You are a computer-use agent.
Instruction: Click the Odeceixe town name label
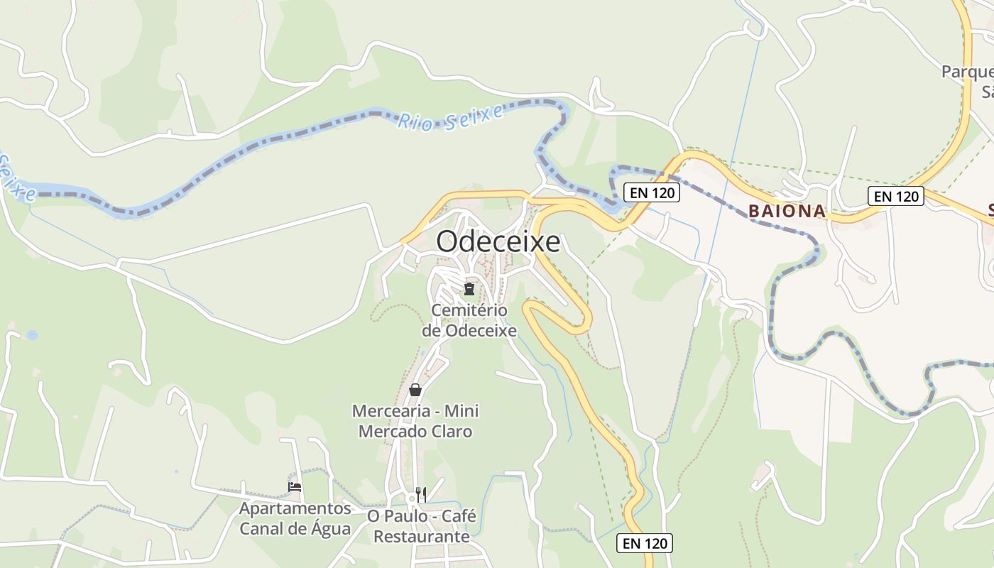point(498,241)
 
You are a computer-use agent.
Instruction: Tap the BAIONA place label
point(787,211)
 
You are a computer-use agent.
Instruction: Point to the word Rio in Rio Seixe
point(415,121)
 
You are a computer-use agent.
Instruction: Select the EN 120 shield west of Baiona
point(651,192)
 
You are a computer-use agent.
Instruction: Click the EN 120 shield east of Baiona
point(895,196)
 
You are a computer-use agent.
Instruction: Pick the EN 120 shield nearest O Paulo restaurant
point(644,543)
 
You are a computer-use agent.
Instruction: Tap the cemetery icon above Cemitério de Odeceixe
point(469,288)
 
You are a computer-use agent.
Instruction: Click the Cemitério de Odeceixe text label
point(469,321)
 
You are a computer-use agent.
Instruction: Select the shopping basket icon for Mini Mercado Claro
point(415,390)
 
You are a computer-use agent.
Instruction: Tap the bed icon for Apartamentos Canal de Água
point(295,487)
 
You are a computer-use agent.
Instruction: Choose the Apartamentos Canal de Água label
point(295,519)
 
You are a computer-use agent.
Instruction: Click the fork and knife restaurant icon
point(421,494)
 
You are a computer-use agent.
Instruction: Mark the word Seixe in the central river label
point(474,116)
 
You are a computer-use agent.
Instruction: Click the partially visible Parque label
point(966,72)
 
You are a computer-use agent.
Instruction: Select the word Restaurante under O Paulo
point(421,536)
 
